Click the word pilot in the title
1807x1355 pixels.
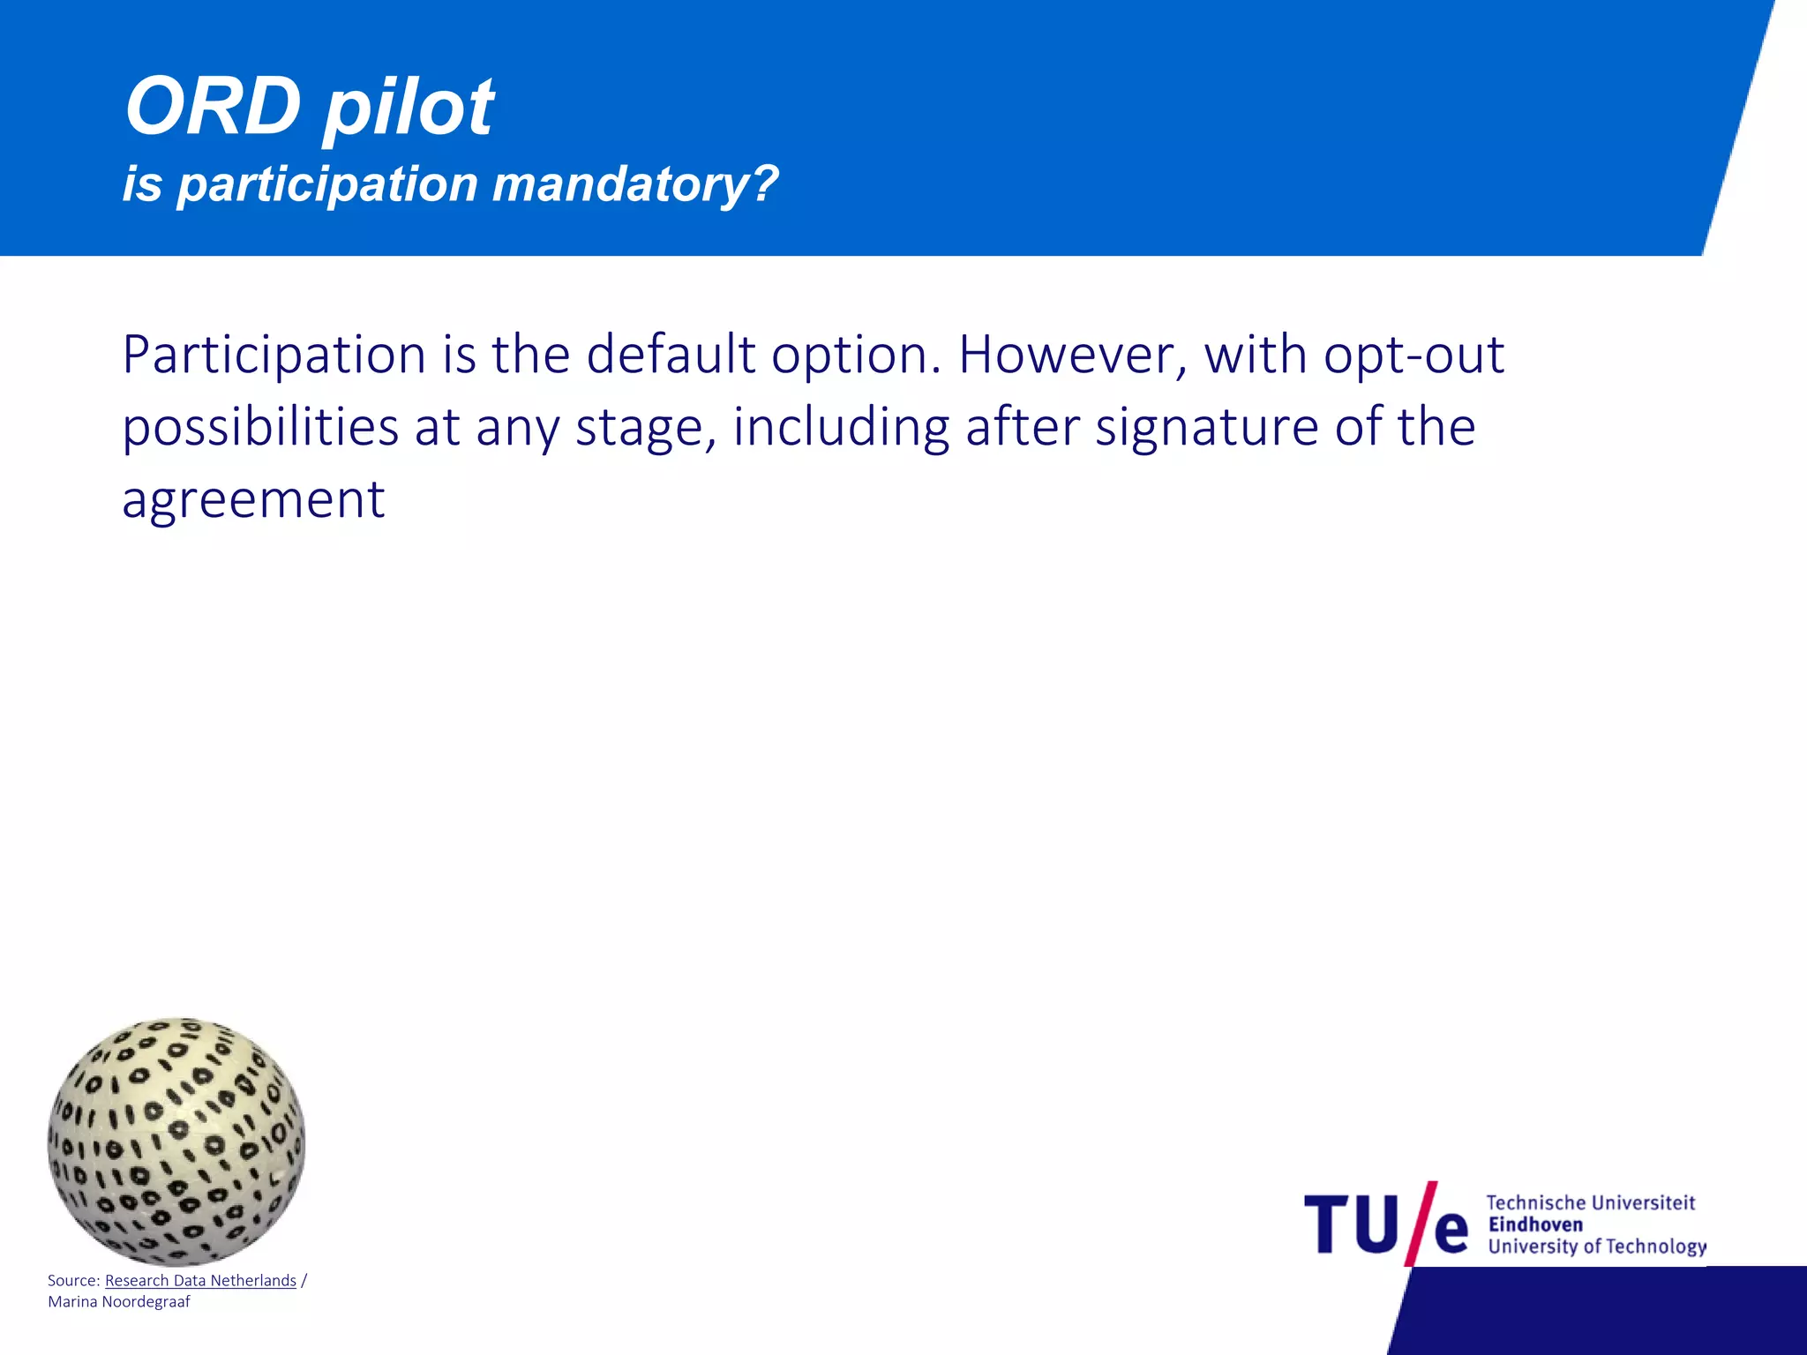408,109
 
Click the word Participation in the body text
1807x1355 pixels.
274,356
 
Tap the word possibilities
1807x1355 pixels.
260,429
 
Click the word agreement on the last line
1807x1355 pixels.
253,501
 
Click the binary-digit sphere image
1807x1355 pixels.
176,1142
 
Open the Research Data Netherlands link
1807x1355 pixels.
200,1280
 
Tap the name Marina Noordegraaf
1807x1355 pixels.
119,1302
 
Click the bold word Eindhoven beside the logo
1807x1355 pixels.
1535,1224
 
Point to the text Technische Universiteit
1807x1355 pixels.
1590,1202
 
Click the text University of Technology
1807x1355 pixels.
1596,1246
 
